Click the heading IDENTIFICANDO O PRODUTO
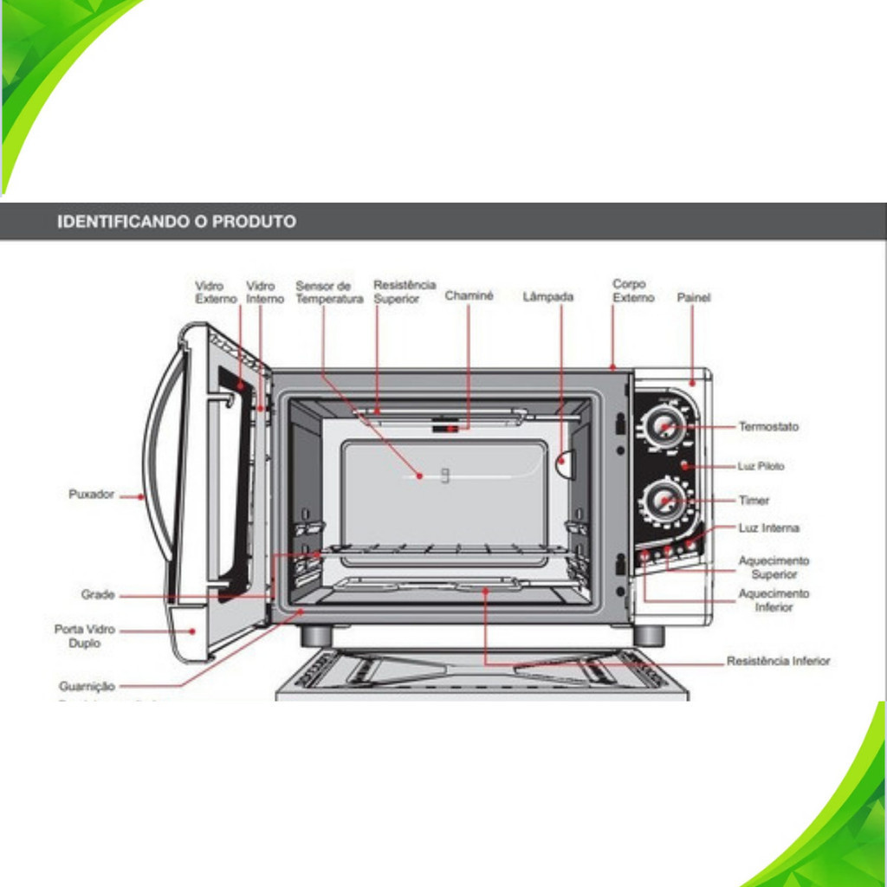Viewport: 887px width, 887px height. point(177,222)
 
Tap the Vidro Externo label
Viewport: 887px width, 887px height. point(216,292)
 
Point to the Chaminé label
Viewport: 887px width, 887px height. point(469,295)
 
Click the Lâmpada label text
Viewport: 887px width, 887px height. point(548,296)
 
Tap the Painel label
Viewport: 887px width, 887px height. point(693,298)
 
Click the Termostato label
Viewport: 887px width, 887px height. point(768,427)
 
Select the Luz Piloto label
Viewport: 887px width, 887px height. point(761,466)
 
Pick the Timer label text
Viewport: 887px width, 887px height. point(754,501)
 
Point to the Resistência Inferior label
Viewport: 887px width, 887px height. point(778,661)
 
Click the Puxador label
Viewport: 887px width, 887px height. point(92,495)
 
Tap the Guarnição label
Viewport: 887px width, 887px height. point(87,686)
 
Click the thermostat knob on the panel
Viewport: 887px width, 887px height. point(664,426)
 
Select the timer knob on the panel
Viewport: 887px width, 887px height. point(664,500)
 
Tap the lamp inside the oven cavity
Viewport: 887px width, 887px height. point(565,464)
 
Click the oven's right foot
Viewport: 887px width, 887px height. point(649,636)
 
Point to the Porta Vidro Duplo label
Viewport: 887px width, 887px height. point(84,637)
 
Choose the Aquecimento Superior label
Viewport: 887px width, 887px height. point(774,567)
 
